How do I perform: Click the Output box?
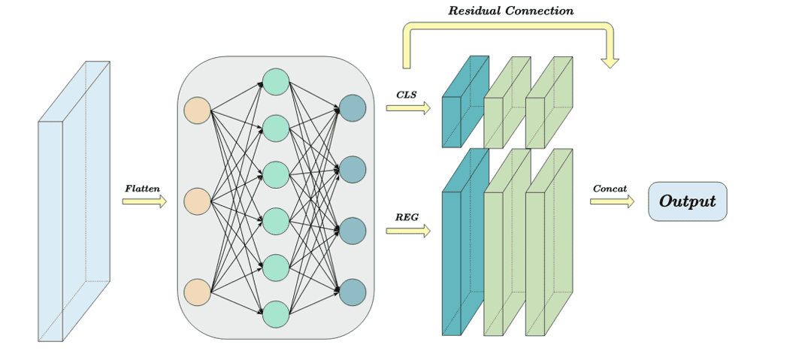(687, 201)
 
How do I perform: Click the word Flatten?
(143, 189)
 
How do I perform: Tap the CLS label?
(406, 95)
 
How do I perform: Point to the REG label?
(407, 218)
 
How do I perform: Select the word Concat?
(610, 189)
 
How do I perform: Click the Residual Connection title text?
(510, 11)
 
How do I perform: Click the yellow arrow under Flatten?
(144, 201)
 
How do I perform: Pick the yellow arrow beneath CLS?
(407, 108)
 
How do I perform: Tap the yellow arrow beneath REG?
(407, 231)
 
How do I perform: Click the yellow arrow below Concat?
(611, 201)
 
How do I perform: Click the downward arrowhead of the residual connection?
(610, 61)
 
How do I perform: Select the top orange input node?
(197, 110)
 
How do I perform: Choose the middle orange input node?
(197, 201)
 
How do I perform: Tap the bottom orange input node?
(197, 292)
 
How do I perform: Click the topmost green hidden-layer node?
(276, 82)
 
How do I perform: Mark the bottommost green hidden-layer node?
(276, 314)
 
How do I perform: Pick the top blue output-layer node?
(353, 108)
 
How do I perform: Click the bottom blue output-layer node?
(353, 292)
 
